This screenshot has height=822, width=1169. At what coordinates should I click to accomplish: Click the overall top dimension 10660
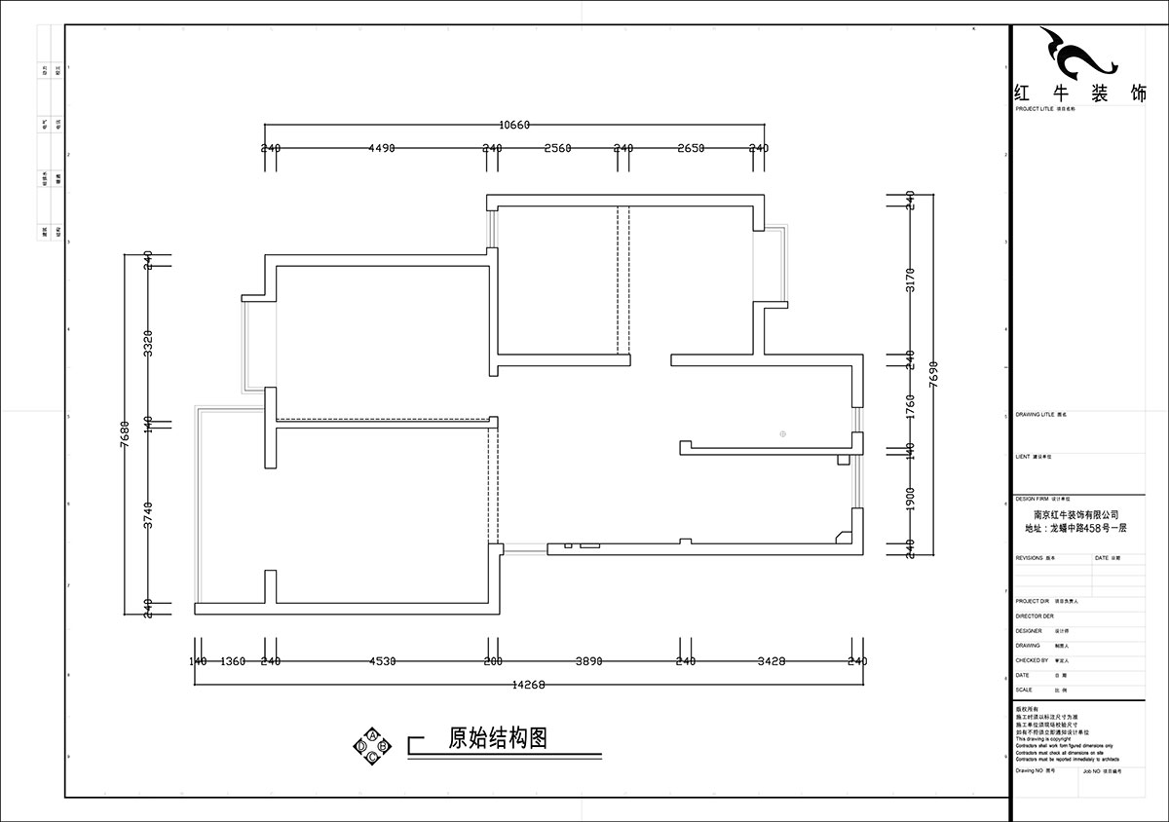[513, 124]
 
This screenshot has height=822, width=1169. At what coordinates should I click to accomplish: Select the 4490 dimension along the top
[381, 148]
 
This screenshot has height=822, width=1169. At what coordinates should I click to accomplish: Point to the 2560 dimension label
[557, 148]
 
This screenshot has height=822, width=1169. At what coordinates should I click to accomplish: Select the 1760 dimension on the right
[910, 403]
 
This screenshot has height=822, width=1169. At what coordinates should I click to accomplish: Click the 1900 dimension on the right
[910, 498]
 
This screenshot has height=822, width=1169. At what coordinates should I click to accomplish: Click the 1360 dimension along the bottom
[233, 661]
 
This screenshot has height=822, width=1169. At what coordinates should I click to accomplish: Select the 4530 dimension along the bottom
[382, 661]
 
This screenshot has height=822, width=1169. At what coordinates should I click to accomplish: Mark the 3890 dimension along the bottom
[588, 661]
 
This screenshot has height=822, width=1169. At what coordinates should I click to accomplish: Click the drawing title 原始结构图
[497, 738]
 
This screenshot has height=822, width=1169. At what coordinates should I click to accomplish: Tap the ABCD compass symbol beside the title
[372, 745]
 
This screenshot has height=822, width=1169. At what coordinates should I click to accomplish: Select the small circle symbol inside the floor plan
[782, 432]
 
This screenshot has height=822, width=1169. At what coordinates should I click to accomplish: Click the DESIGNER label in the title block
[1029, 631]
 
